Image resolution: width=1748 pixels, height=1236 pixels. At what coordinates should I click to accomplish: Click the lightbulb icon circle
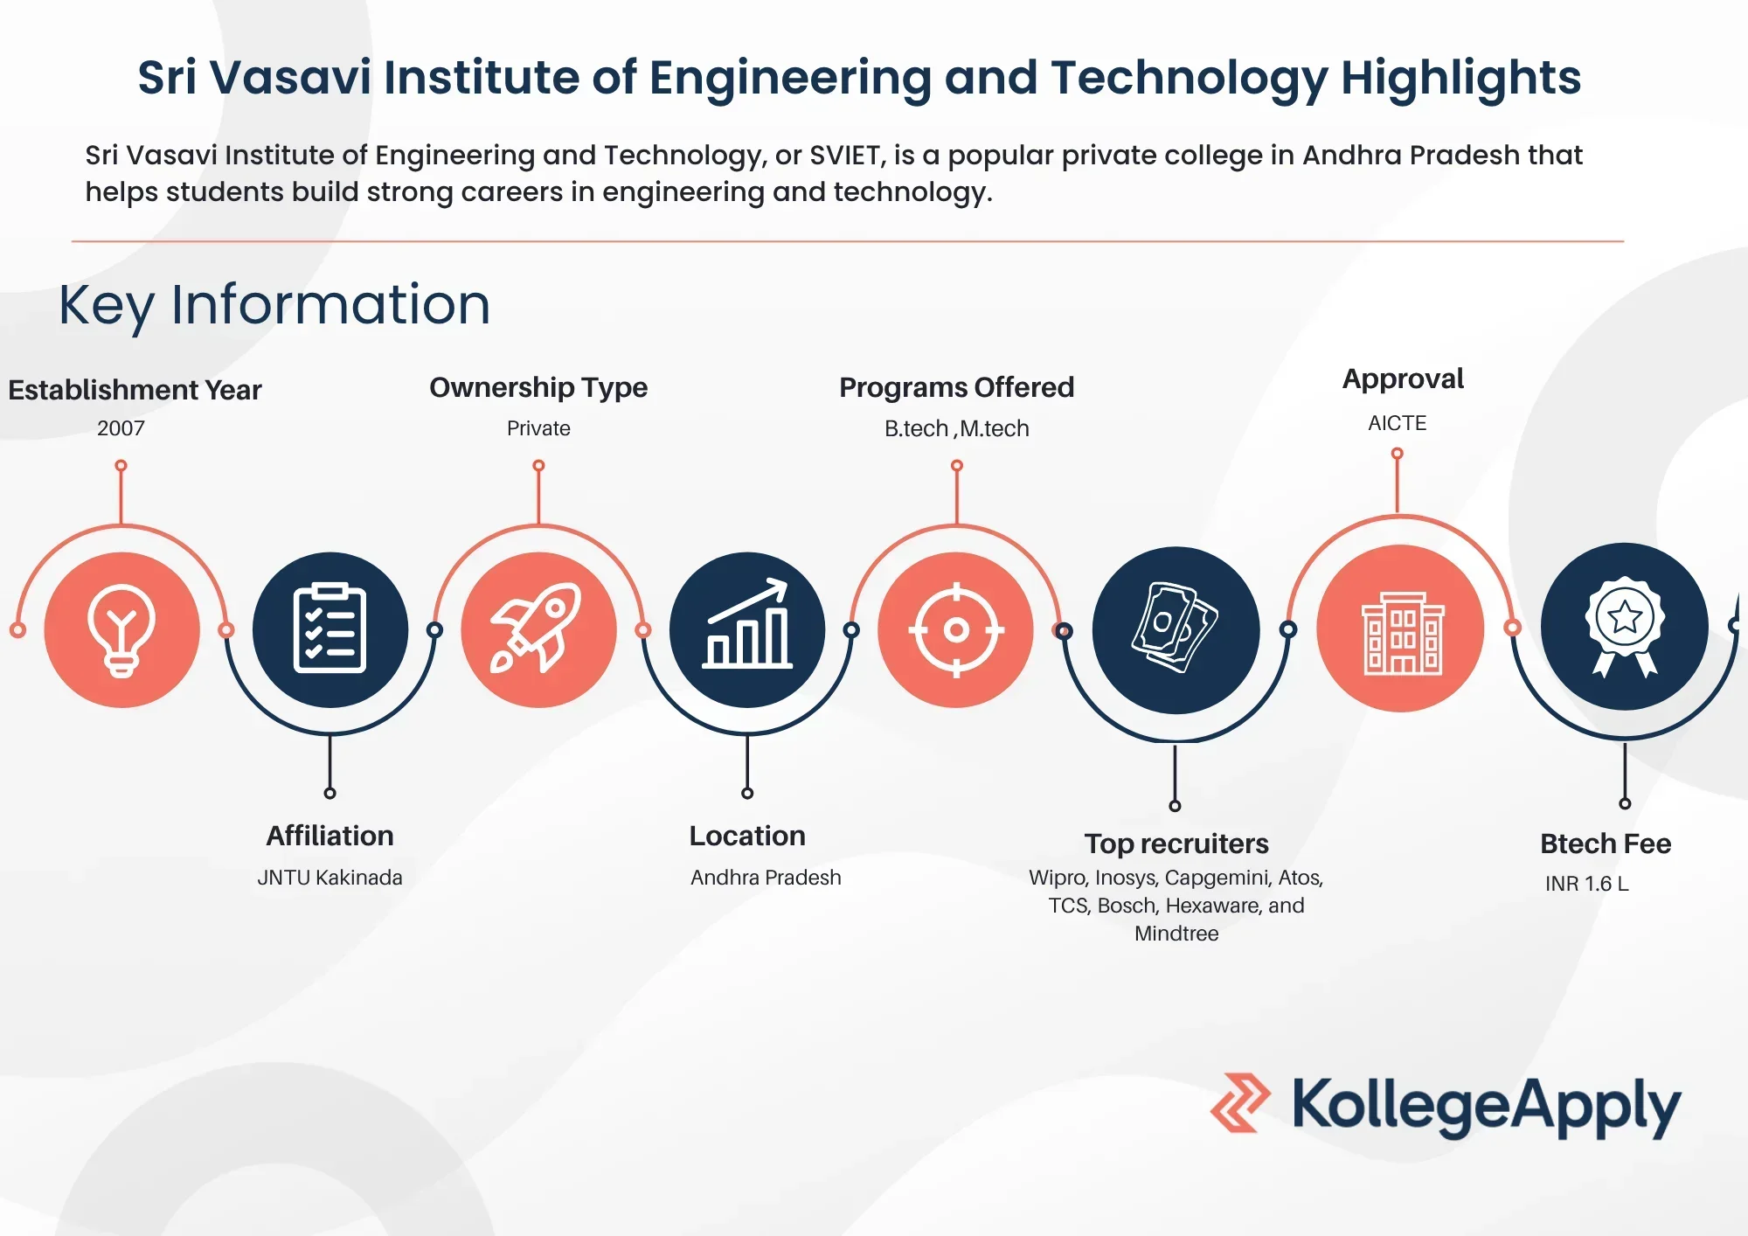121,629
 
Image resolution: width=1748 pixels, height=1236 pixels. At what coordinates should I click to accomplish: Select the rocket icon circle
538,629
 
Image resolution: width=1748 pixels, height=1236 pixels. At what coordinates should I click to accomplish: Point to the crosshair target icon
956,629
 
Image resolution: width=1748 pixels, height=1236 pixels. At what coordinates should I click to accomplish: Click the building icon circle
1400,628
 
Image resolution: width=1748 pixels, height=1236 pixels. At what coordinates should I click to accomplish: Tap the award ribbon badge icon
1625,626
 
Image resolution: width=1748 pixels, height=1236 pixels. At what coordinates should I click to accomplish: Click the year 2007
121,428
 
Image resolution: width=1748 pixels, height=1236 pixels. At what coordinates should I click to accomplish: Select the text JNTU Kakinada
329,878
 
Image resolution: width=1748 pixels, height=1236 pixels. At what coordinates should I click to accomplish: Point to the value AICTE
1397,423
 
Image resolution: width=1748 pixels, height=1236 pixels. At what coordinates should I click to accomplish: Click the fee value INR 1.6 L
1586,884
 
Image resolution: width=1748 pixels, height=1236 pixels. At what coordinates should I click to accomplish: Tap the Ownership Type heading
538,387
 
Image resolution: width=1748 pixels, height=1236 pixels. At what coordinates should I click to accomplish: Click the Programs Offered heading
956,387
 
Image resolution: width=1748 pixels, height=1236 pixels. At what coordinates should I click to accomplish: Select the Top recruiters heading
1176,844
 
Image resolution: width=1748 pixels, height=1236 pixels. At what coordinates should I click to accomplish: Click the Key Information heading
274,305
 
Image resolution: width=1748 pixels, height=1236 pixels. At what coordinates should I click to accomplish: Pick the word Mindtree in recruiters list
1176,934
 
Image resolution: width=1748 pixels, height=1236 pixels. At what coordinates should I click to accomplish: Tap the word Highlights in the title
1460,78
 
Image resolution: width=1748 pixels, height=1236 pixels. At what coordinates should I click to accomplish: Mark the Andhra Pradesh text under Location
766,878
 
